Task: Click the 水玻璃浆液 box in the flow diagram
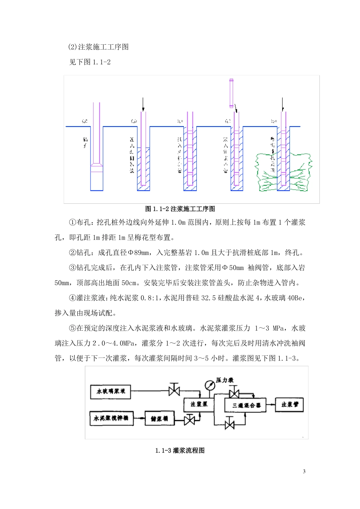tap(111, 391)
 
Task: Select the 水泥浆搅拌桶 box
tap(111, 418)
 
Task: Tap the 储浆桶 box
tap(159, 418)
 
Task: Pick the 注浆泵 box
tap(199, 404)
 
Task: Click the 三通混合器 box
tap(245, 405)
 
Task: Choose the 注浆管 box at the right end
tap(290, 404)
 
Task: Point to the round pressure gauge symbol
tap(209, 385)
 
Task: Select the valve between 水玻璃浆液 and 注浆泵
tap(174, 390)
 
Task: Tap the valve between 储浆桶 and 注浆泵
tap(189, 419)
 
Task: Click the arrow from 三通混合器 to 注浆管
tap(271, 405)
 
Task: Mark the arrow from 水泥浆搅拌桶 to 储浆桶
tap(139, 418)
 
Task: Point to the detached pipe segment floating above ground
tap(231, 93)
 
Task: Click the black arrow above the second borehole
tap(143, 104)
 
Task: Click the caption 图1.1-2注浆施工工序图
tap(180, 209)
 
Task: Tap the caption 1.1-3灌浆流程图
tap(180, 451)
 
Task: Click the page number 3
tap(304, 472)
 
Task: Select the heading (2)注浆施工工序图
tap(99, 47)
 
